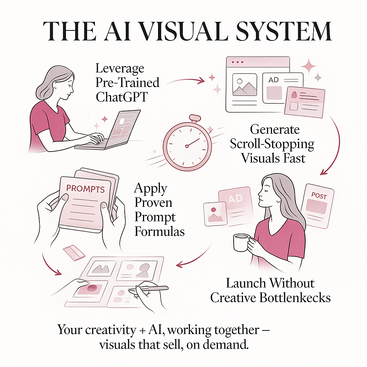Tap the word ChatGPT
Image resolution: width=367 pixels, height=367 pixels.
point(121,97)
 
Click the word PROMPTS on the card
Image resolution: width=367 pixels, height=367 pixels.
point(86,189)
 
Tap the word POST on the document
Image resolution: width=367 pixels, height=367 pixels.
point(319,196)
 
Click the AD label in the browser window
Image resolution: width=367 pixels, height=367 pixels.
point(273,80)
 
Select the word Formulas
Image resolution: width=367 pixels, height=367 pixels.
point(159,231)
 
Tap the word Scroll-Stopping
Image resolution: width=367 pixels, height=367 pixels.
point(272,144)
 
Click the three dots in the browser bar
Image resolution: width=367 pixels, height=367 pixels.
point(237,62)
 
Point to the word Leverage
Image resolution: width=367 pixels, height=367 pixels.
point(120,68)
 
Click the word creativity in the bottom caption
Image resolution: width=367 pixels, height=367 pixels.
point(104,330)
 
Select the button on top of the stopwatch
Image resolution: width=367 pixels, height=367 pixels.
point(195,119)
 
